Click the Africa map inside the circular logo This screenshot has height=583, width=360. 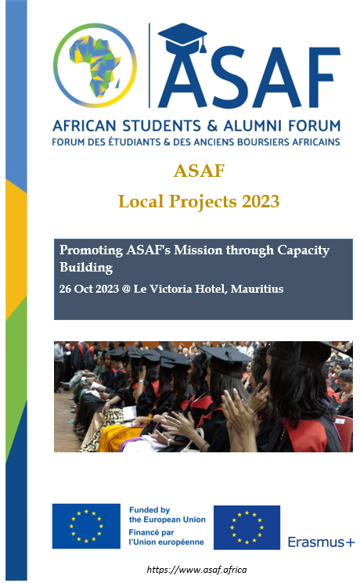coord(95,66)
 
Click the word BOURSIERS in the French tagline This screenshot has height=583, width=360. coord(263,142)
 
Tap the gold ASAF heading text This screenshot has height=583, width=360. coord(199,171)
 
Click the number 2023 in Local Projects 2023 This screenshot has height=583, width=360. coord(261,201)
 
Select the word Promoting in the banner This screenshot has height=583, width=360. coord(91,250)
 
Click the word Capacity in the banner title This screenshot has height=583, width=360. coord(303,250)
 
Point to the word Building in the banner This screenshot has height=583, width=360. coord(86,268)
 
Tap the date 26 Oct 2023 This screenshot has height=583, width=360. coord(89,289)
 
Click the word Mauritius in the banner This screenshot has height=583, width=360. coord(257,289)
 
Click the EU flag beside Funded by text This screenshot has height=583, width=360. coord(86,526)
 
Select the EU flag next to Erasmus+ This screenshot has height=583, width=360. coord(247,527)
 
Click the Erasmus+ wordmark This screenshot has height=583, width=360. coord(322,542)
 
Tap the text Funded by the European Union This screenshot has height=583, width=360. coord(167,515)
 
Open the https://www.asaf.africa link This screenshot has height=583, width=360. coord(196,570)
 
